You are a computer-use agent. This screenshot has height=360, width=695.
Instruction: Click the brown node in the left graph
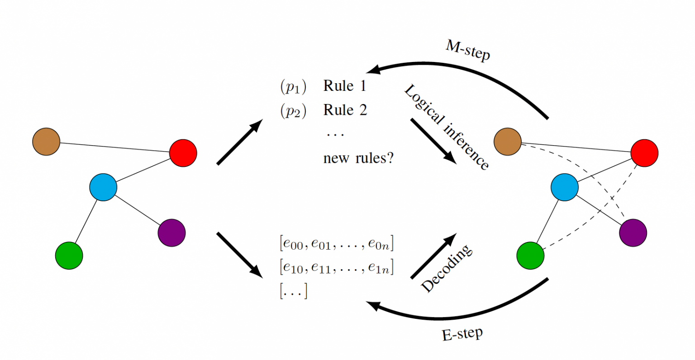click(46, 142)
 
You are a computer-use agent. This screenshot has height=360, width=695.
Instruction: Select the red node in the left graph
click(183, 153)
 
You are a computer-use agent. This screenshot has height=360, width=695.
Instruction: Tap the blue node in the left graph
click(103, 187)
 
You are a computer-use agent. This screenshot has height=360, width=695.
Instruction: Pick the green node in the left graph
click(69, 256)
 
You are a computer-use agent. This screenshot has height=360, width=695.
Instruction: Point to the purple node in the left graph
click(171, 233)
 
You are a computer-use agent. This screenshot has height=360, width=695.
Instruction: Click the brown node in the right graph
click(508, 142)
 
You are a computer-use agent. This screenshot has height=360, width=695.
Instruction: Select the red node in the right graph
click(644, 153)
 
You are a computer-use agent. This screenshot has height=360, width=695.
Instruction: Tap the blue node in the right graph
click(564, 187)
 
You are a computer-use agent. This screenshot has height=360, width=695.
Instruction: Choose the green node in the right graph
click(530, 256)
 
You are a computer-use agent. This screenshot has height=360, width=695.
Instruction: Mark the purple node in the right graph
click(633, 233)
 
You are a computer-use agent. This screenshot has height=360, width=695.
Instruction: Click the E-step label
click(462, 334)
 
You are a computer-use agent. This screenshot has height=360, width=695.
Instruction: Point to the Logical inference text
click(446, 127)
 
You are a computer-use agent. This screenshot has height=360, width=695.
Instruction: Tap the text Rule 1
click(344, 86)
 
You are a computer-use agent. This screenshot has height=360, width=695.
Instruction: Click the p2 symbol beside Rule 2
click(293, 111)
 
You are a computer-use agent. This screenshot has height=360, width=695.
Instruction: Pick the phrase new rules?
click(358, 158)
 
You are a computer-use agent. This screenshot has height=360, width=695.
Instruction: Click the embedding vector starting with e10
click(337, 268)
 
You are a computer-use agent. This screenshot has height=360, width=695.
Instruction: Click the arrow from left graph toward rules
click(240, 142)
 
